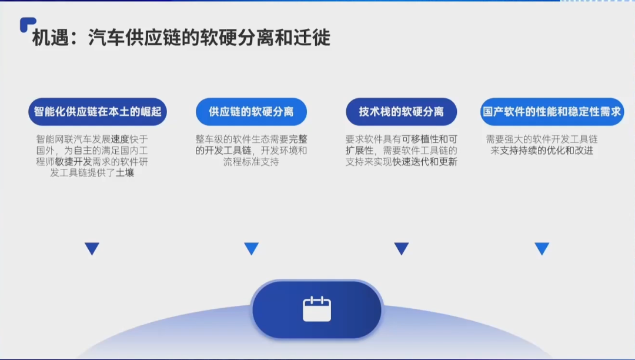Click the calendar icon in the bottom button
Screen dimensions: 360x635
[317, 309]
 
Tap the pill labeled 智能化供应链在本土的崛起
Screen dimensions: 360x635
[98, 111]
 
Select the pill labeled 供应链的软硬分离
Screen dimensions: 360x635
[251, 111]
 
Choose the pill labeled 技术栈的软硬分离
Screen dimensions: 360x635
[402, 111]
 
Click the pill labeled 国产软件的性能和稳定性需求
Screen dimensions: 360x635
[552, 111]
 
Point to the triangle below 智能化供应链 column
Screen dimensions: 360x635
[92, 248]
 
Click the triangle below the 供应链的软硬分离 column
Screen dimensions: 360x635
[251, 248]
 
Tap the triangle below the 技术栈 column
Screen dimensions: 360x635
[402, 248]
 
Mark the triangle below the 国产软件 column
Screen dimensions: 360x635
[542, 248]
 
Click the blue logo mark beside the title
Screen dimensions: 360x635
[26, 24]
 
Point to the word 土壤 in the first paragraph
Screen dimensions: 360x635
[125, 173]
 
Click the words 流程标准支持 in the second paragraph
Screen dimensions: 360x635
[251, 162]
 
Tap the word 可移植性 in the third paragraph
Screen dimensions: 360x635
[421, 139]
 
